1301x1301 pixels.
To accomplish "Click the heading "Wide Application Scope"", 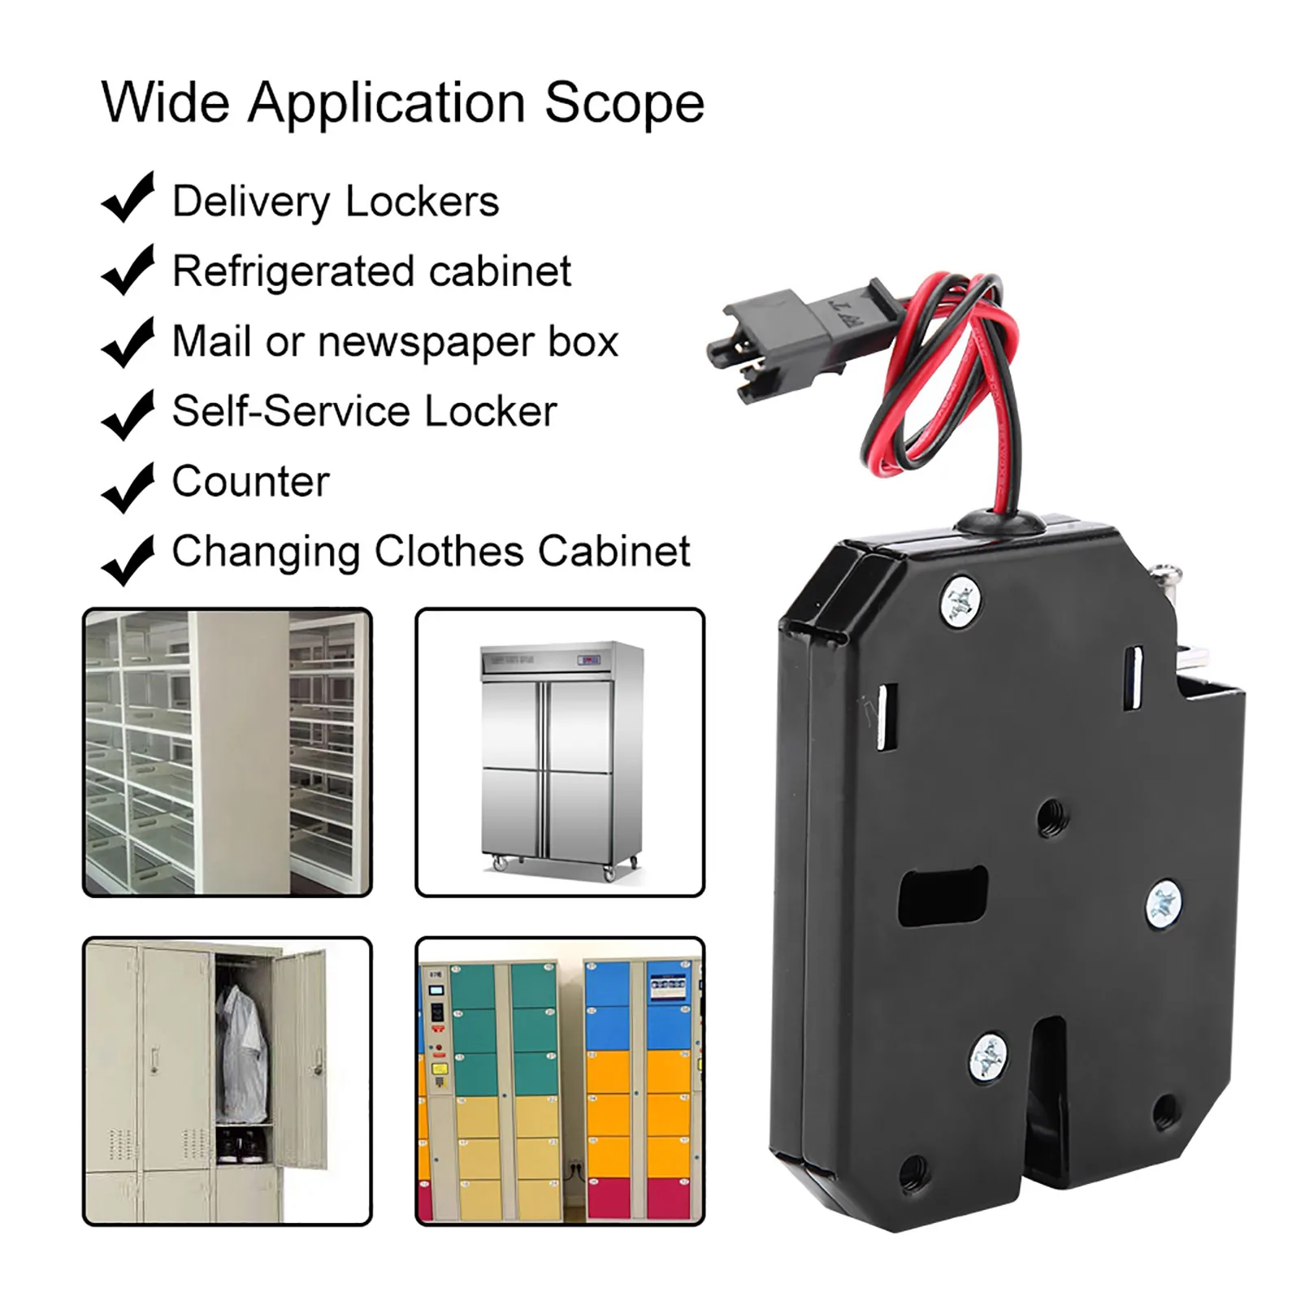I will coord(402,103).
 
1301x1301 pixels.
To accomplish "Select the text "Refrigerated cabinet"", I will coord(371,271).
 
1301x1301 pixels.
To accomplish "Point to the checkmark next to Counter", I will coord(127,487).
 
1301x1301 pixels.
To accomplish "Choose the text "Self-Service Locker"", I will coord(364,411).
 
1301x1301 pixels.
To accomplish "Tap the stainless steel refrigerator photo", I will coord(560,752).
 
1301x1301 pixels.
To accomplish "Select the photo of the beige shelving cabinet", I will coord(227,752).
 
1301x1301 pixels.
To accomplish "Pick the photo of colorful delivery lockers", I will coord(560,1081).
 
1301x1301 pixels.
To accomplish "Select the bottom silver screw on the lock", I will coord(990,1057).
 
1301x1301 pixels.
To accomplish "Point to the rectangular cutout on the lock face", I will coord(943,896).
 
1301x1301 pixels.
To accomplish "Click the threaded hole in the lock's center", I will coord(1052,810).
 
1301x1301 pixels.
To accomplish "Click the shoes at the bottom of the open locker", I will coord(241,1147).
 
